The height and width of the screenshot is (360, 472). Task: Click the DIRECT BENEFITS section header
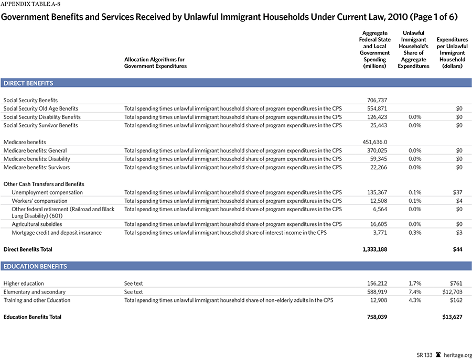point(29,83)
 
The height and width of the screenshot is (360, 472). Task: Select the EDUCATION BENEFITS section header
point(35,266)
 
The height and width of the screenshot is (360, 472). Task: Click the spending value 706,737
point(377,100)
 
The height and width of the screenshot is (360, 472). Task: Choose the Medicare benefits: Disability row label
point(37,159)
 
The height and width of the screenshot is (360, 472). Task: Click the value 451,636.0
point(374,142)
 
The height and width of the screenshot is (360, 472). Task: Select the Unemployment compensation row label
point(47,192)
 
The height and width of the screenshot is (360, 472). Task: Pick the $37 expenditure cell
point(457,192)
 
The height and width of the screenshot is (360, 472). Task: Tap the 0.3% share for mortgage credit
point(415,232)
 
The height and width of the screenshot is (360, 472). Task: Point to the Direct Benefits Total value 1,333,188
point(374,249)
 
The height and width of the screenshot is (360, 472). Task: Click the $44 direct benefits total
point(457,249)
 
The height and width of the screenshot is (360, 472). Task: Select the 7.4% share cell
point(415,292)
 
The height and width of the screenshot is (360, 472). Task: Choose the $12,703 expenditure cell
point(451,292)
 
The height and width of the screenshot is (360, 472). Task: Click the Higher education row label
point(24,283)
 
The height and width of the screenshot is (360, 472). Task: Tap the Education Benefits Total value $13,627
point(451,317)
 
